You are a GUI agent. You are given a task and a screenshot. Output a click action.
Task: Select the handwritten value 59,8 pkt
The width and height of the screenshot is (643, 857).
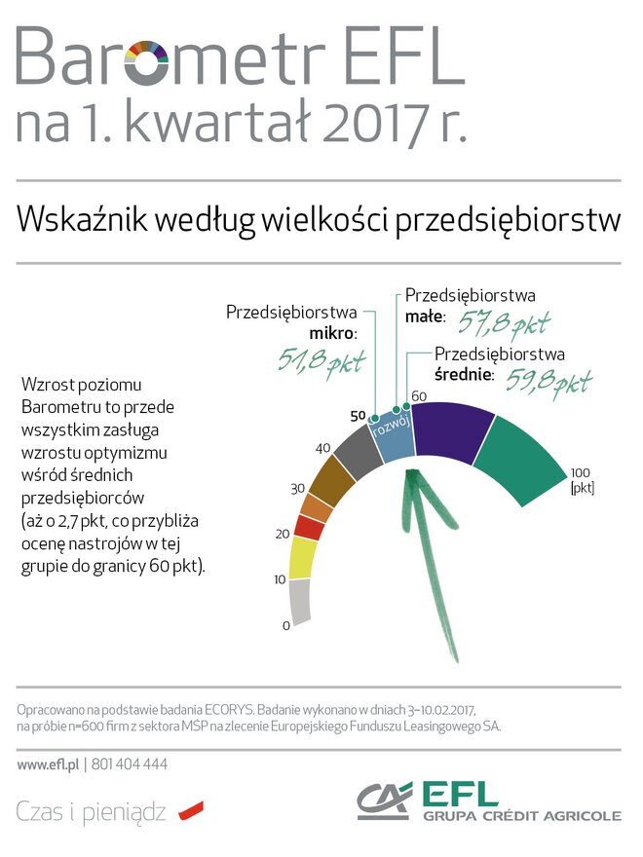pyautogui.click(x=548, y=381)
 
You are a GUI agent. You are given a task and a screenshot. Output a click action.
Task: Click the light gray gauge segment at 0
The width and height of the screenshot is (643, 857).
pyautogui.click(x=301, y=601)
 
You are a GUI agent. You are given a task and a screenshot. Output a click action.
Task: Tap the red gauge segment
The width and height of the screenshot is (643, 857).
pyautogui.click(x=310, y=528)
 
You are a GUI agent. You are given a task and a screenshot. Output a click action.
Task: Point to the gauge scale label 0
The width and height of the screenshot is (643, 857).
pyautogui.click(x=285, y=625)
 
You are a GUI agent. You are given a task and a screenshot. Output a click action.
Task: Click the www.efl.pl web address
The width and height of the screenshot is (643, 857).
pyautogui.click(x=48, y=764)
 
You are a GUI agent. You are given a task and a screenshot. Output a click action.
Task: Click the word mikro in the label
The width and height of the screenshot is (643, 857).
pyautogui.click(x=332, y=333)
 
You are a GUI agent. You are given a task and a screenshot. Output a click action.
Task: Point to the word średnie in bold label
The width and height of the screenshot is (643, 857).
pyautogui.click(x=464, y=375)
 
